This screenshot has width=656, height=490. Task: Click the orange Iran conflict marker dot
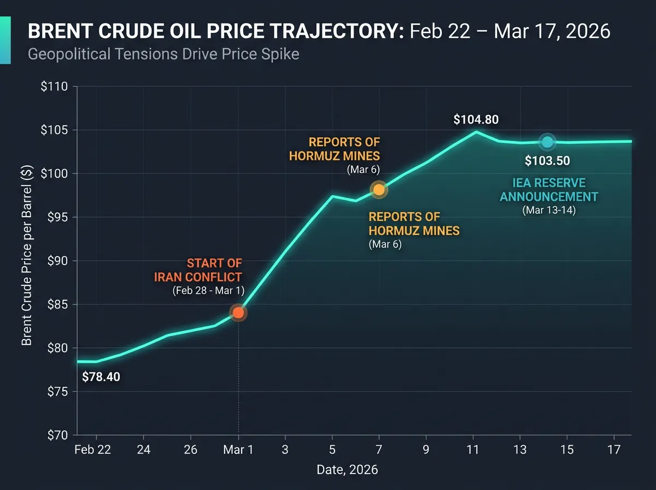pyautogui.click(x=238, y=313)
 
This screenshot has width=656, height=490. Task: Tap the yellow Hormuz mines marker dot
pyautogui.click(x=379, y=190)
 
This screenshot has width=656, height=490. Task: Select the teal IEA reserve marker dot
pyautogui.click(x=548, y=142)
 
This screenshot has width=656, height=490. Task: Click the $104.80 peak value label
pyautogui.click(x=476, y=120)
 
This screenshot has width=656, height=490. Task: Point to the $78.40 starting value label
pyautogui.click(x=101, y=377)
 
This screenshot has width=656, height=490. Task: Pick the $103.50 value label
pyautogui.click(x=547, y=161)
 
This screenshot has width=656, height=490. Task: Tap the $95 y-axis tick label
pyautogui.click(x=56, y=218)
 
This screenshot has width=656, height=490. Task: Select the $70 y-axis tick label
pyautogui.click(x=56, y=435)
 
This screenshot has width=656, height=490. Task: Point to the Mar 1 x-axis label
pyautogui.click(x=238, y=450)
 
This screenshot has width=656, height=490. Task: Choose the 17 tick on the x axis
pyautogui.click(x=614, y=450)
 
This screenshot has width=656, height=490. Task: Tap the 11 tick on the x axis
pyautogui.click(x=473, y=450)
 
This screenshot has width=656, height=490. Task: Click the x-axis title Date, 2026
pyautogui.click(x=347, y=470)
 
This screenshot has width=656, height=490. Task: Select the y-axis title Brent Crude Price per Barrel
pyautogui.click(x=27, y=256)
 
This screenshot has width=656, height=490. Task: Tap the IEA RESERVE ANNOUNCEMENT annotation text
pyautogui.click(x=549, y=190)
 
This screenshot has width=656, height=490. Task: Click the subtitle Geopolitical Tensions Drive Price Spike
pyautogui.click(x=163, y=55)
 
